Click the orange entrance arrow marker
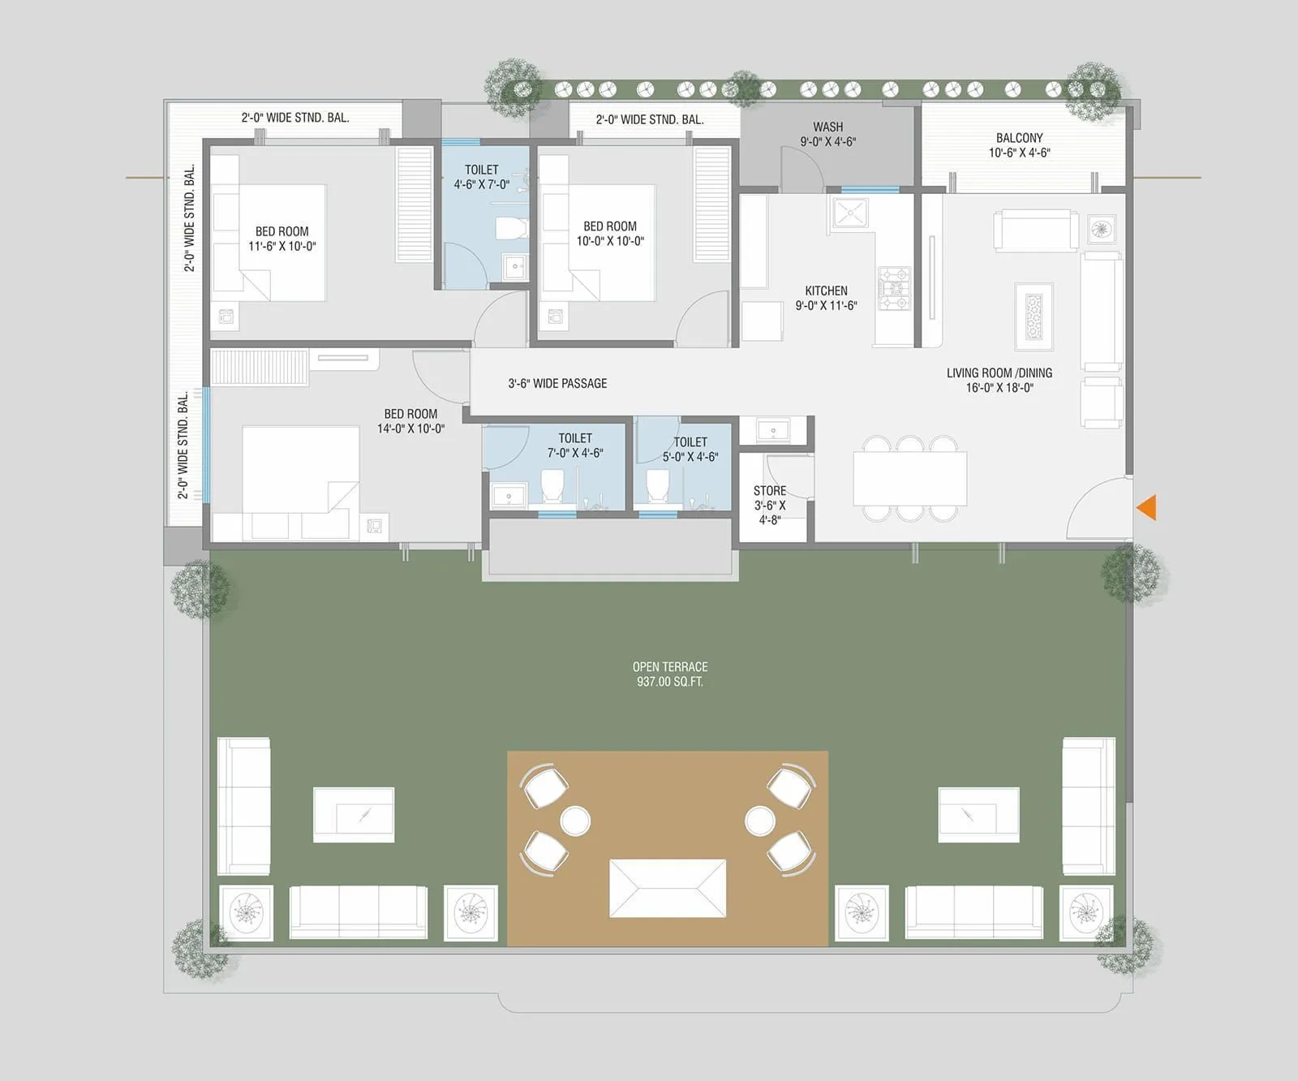1147,507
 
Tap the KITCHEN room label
826,298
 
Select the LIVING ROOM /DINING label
999,380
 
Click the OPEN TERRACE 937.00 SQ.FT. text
670,674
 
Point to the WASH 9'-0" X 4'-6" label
827,134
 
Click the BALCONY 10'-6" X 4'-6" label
1019,145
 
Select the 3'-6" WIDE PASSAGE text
557,383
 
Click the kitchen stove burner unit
895,288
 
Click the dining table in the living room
909,479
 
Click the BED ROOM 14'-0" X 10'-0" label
410,421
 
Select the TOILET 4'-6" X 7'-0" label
481,177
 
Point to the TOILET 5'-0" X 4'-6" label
690,449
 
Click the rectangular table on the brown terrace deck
667,889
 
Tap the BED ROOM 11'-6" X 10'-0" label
282,239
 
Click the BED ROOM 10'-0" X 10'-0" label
610,234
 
